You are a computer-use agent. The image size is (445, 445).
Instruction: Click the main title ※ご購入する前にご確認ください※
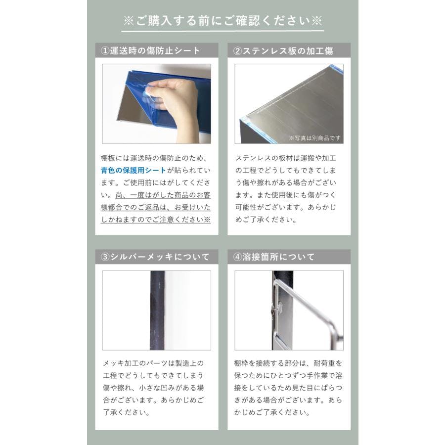(222, 21)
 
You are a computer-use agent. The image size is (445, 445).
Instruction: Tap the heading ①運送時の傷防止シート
(151, 51)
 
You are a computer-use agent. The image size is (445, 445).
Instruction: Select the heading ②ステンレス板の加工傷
(283, 51)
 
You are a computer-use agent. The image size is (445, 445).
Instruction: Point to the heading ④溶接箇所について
(274, 257)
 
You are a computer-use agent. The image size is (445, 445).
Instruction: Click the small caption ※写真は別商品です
(314, 138)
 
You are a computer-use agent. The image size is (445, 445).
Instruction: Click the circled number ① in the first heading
(105, 51)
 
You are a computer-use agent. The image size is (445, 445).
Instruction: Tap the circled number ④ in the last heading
(237, 257)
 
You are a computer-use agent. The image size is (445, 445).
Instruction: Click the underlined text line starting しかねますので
(156, 219)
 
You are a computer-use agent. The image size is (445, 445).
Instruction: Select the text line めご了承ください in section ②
(265, 219)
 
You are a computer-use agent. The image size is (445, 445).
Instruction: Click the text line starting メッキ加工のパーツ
(153, 363)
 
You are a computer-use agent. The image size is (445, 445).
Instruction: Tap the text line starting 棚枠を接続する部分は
(288, 363)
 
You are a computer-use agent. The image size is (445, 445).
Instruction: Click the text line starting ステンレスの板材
(285, 158)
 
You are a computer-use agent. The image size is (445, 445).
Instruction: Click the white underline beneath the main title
(222, 31)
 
